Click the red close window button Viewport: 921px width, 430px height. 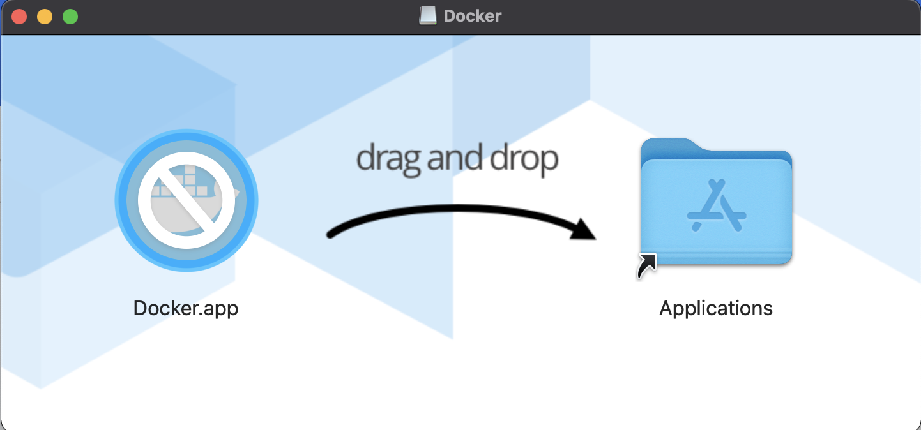[x=19, y=17]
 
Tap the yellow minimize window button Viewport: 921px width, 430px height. [x=45, y=17]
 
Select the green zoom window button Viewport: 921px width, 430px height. [x=70, y=17]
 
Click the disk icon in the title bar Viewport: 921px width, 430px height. [x=427, y=16]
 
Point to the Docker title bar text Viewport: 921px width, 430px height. [x=473, y=16]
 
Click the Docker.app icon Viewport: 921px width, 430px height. [x=186, y=201]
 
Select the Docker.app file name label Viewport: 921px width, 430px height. [x=186, y=308]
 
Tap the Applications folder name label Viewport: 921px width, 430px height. [x=716, y=309]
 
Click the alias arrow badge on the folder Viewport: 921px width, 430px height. [x=646, y=265]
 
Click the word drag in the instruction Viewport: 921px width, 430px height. [x=388, y=158]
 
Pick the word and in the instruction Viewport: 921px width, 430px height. [x=453, y=158]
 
